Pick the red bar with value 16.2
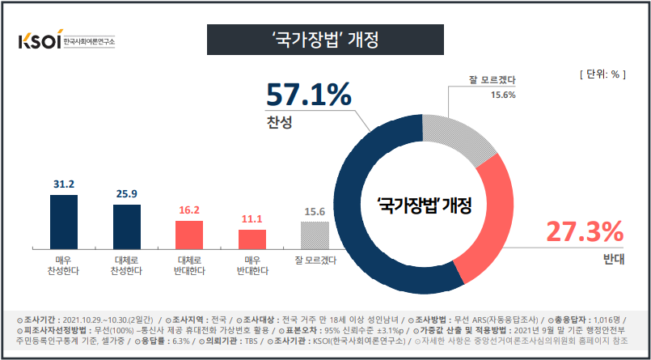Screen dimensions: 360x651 click(189, 235)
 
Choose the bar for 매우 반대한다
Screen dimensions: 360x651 click(252, 239)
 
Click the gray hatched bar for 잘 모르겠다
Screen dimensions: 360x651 click(315, 235)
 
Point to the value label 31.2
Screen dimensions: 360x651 click(64, 184)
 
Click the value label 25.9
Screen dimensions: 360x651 click(127, 194)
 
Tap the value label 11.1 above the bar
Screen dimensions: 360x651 click(252, 219)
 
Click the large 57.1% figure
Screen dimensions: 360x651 click(310, 96)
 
